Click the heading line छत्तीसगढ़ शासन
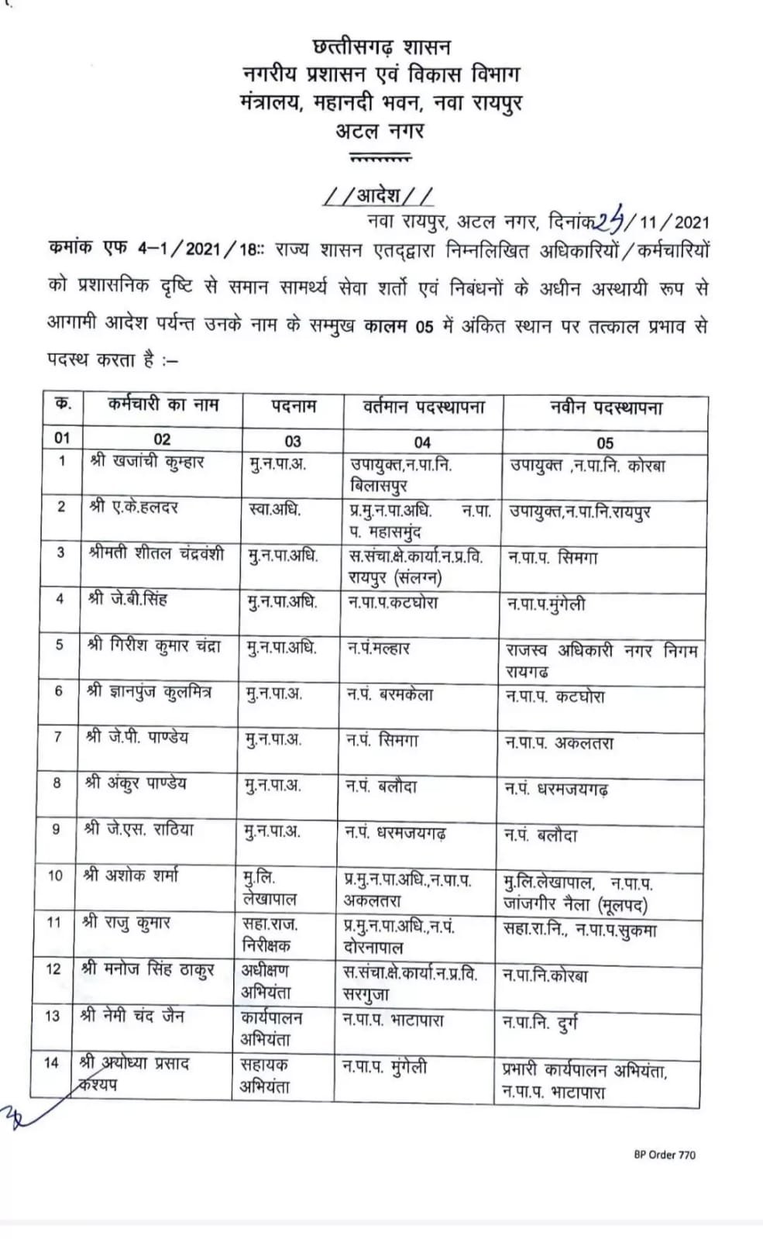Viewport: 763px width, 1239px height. point(380,48)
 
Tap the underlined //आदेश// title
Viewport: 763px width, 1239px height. point(378,194)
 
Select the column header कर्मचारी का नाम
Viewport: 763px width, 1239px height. point(163,405)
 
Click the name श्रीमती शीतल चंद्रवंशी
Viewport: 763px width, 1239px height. point(156,554)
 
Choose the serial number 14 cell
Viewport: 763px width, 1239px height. point(51,1062)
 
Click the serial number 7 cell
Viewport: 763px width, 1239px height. point(58,737)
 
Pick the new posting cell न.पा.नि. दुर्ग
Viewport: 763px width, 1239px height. point(540,1024)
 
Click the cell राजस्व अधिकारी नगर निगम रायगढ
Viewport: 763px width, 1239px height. point(601,660)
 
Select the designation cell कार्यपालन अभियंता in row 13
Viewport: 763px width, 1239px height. point(271,1027)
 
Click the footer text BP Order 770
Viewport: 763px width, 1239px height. point(664,1155)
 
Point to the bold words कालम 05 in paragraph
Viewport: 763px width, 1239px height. point(399,326)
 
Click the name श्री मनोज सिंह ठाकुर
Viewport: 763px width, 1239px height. point(147,969)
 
